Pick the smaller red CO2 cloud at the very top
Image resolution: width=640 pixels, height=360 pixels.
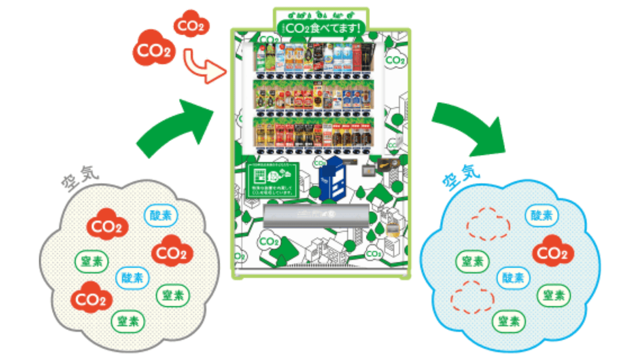pyautogui.click(x=191, y=24)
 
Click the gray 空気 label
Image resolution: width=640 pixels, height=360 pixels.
pyautogui.click(x=80, y=178)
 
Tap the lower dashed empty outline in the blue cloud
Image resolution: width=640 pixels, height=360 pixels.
pyautogui.click(x=472, y=297)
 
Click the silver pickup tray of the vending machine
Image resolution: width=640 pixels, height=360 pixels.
pyautogui.click(x=316, y=215)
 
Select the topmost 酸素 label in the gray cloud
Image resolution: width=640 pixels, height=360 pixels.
pyautogui.click(x=161, y=215)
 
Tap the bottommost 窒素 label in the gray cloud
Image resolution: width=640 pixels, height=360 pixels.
pyautogui.click(x=128, y=321)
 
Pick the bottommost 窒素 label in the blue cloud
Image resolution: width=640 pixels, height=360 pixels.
pyautogui.click(x=509, y=321)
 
